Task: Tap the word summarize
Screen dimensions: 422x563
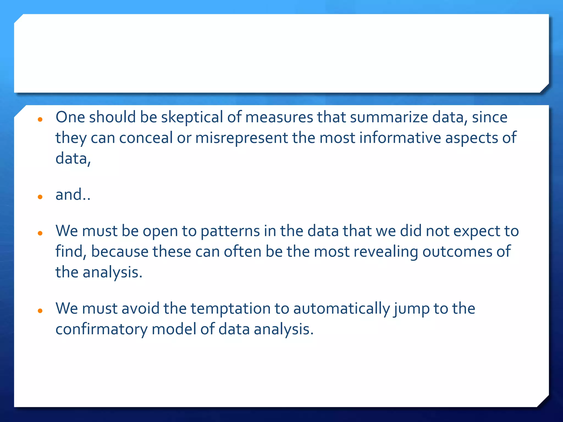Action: coord(389,117)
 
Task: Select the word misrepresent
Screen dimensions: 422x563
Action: coord(241,138)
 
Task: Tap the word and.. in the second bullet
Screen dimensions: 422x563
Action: coord(73,195)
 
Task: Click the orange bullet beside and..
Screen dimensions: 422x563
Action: coord(40,197)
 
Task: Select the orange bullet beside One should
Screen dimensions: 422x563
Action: coord(40,119)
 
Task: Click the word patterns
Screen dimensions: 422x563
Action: coord(230,231)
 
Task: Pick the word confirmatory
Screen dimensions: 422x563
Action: coord(101,329)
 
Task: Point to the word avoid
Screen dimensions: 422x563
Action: coord(140,309)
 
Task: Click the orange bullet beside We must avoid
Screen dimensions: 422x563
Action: coord(40,311)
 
